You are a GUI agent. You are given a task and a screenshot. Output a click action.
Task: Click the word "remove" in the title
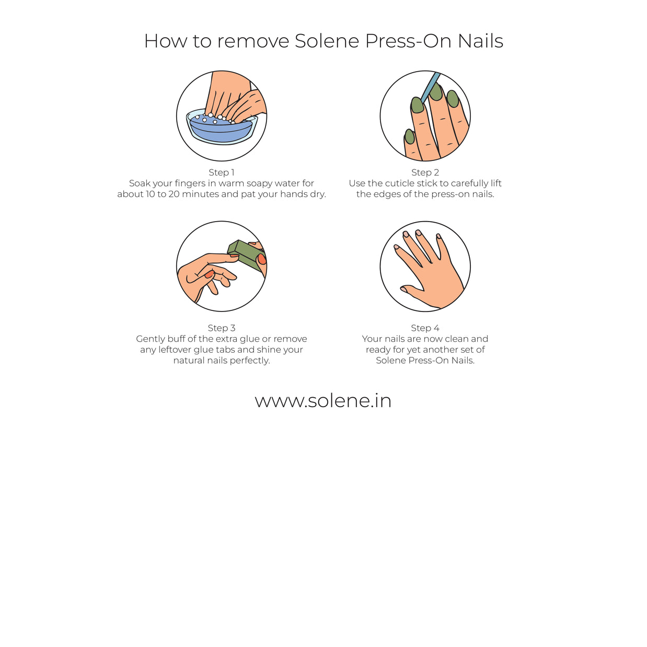253,41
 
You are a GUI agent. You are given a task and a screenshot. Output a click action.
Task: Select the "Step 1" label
221,172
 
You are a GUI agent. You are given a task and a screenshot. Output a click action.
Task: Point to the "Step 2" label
425,172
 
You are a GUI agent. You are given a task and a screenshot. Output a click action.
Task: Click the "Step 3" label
221,328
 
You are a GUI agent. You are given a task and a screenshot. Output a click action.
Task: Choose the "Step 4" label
425,328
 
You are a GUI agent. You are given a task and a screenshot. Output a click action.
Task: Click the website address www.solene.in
323,401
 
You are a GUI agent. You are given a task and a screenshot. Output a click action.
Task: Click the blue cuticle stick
430,86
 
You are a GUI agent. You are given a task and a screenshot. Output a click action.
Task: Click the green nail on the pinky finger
410,136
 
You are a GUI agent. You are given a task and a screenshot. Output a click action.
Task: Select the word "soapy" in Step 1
259,183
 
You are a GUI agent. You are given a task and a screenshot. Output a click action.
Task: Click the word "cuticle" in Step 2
400,183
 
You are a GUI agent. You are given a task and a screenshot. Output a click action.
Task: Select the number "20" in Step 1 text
174,194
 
